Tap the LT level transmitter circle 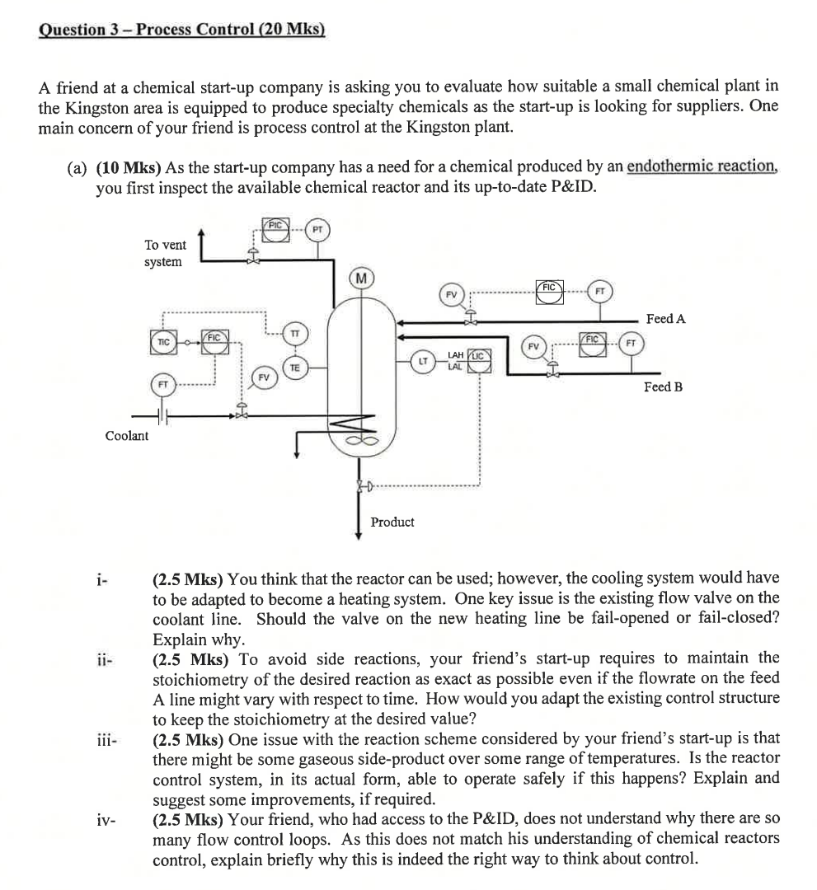click(422, 359)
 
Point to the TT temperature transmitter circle click(294, 333)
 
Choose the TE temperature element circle click(294, 367)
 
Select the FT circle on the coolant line click(163, 385)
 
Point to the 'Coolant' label click(127, 436)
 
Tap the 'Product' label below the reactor click(392, 522)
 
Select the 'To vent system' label click(165, 253)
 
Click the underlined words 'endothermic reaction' click(702, 167)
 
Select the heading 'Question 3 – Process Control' click(182, 30)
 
